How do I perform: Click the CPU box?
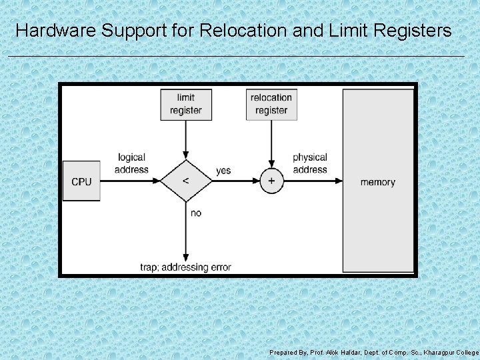coord(81,181)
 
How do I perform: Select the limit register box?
coord(186,104)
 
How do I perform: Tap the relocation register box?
coord(271,104)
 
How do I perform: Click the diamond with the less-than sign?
coord(185,181)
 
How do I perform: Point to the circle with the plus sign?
coord(271,181)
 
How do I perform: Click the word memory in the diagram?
coord(377,182)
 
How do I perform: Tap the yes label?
coord(223,171)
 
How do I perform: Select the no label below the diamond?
coord(196,213)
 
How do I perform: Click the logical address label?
coord(131,163)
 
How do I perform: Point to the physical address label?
coord(310,163)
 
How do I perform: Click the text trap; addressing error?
coord(185,267)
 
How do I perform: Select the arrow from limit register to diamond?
coord(186,140)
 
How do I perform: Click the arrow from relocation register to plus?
coord(271,143)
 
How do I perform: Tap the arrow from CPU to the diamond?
coord(130,181)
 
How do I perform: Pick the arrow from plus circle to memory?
coord(313,181)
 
